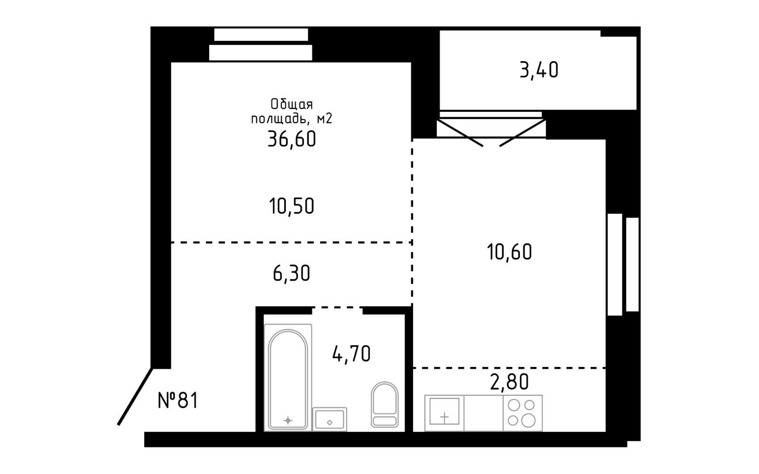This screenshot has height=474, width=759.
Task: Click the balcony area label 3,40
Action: click(539, 71)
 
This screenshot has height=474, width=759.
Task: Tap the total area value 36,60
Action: click(292, 139)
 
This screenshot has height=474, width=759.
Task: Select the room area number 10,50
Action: click(292, 206)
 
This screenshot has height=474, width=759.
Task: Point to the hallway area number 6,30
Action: click(291, 273)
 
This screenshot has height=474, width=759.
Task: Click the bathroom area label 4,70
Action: click(352, 354)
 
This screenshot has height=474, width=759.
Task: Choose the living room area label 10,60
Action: click(509, 252)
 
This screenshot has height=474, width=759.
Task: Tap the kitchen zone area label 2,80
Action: click(509, 382)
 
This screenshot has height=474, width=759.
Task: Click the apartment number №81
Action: click(178, 400)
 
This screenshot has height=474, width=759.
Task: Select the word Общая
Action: click(292, 104)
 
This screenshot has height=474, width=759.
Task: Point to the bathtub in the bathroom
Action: click(287, 377)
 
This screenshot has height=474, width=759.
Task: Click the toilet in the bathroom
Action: click(385, 405)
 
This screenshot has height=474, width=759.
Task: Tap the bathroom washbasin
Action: click(330, 419)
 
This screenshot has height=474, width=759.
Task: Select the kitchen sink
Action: click(444, 411)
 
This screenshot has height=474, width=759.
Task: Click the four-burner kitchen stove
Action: click(523, 413)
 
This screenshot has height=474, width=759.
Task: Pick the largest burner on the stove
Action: click(528, 420)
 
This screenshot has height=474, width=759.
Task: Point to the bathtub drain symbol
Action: click(287, 420)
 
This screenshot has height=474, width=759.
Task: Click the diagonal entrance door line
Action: click(135, 396)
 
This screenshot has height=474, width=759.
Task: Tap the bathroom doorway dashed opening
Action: click(337, 308)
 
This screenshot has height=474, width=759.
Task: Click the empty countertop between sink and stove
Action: click(483, 413)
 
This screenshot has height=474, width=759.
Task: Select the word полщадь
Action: click(279, 119)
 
